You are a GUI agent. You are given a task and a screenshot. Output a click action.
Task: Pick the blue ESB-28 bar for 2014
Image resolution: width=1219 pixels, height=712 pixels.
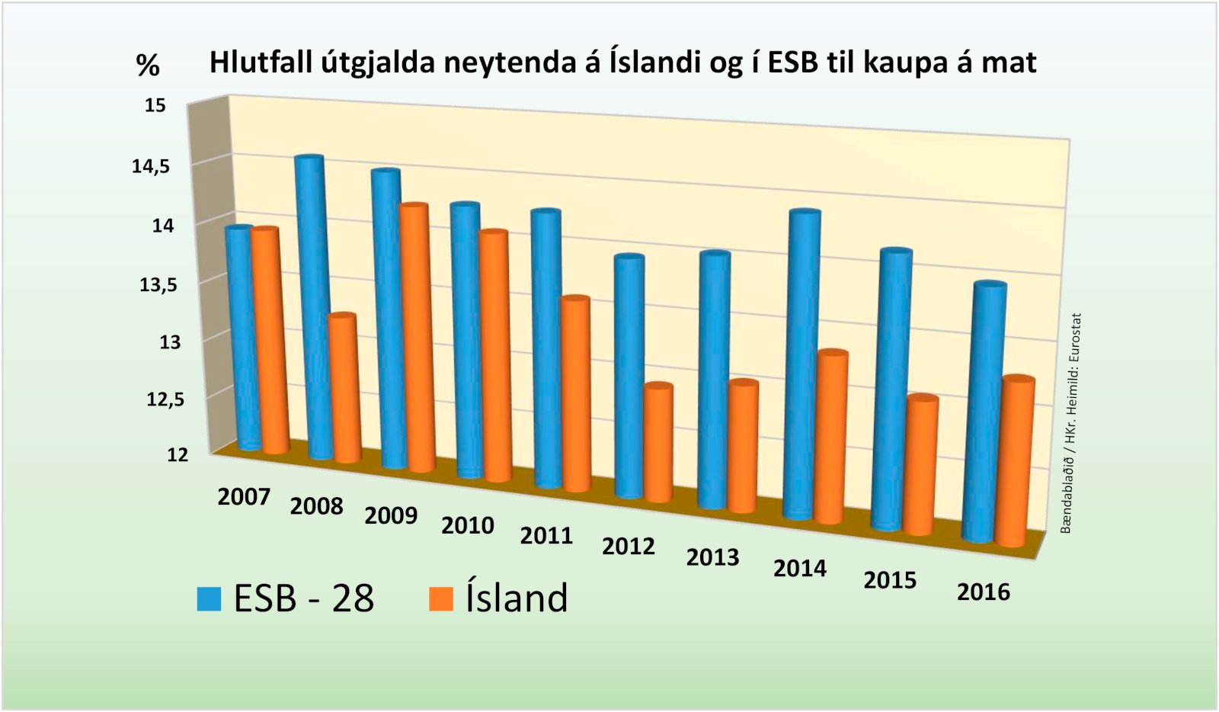[x=802, y=366]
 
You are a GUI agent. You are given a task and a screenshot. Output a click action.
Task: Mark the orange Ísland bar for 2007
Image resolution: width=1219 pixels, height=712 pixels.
[x=269, y=339]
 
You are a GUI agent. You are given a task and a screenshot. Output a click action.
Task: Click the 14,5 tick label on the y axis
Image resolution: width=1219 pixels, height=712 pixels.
[x=151, y=166]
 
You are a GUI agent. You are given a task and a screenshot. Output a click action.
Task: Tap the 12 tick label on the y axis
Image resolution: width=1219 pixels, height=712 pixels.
[x=177, y=454]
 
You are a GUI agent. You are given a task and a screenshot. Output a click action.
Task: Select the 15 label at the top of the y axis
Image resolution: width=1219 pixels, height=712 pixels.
[x=155, y=105]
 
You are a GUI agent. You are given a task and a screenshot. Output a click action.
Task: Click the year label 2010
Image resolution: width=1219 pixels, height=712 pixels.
[x=468, y=525]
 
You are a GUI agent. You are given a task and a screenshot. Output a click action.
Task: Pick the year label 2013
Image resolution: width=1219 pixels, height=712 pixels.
[x=712, y=557]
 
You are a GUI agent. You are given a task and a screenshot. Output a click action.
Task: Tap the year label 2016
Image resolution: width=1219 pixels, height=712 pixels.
[x=983, y=592]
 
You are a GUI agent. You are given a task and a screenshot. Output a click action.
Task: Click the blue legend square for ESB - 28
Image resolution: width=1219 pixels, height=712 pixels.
[x=209, y=598]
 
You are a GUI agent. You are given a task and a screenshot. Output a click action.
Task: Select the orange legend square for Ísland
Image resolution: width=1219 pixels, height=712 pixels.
[x=441, y=598]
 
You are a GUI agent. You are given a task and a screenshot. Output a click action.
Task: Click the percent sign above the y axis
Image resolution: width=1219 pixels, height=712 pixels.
[x=148, y=66]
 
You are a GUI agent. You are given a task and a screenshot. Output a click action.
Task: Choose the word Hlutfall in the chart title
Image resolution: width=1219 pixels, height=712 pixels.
[x=259, y=62]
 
